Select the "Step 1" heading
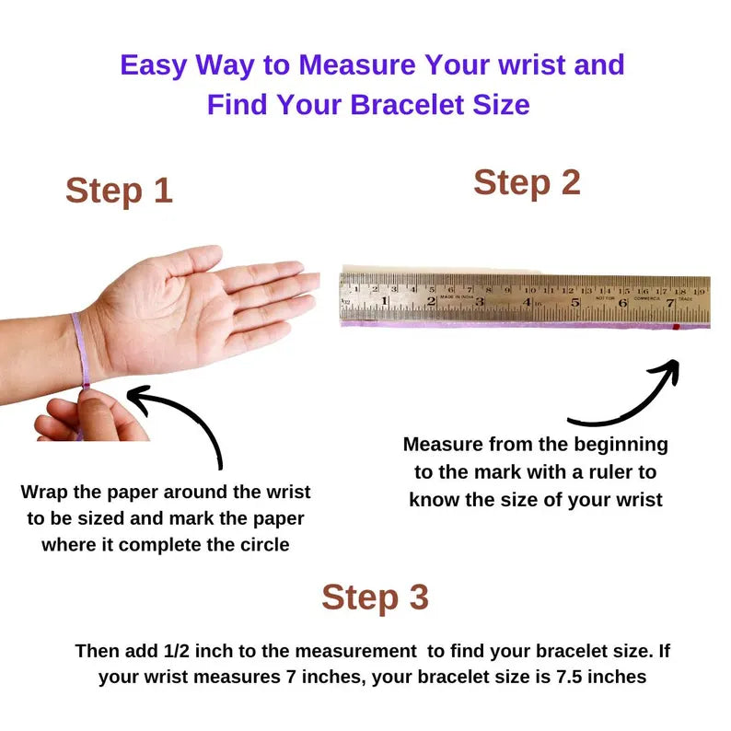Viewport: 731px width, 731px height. [x=119, y=191]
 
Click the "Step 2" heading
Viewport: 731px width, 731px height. [x=527, y=182]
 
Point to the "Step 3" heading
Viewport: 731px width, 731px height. [x=375, y=598]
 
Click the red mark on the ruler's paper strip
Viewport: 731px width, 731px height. [x=676, y=327]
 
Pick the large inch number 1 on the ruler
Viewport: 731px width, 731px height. [x=384, y=301]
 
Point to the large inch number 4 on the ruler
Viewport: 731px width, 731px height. [x=527, y=302]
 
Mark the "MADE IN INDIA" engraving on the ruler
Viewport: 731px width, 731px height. [x=457, y=297]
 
